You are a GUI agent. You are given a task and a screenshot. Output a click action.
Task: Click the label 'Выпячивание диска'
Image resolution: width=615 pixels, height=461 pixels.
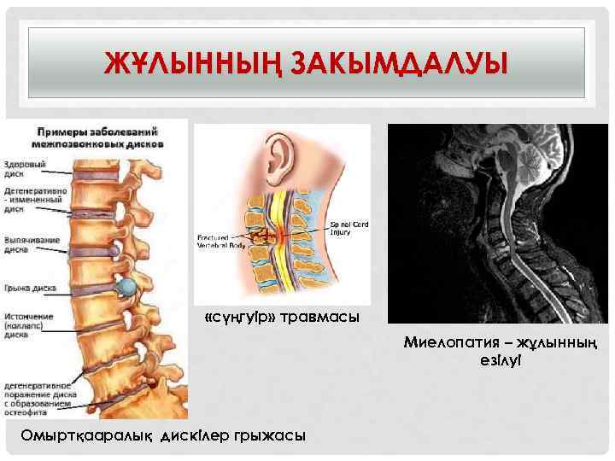pos(30,245)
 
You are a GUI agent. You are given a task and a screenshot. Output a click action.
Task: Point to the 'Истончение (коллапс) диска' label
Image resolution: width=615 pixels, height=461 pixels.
pos(30,326)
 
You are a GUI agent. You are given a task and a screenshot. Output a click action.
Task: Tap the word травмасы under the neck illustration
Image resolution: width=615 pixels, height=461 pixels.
pos(315,318)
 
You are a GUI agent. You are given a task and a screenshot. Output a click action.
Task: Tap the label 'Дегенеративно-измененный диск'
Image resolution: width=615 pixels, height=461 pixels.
pos(29,199)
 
